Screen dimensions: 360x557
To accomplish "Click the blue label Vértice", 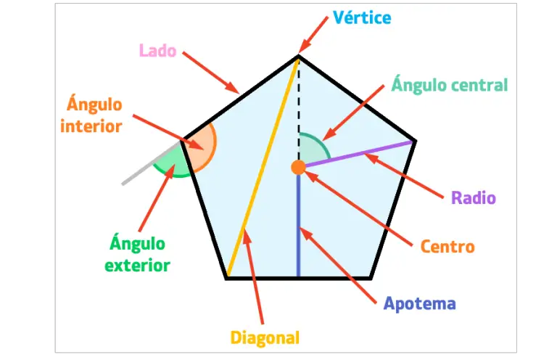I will (361, 17).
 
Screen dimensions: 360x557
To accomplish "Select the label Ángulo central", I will (449, 85).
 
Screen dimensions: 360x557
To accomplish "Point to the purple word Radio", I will (473, 197).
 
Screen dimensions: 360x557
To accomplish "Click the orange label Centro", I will (447, 246).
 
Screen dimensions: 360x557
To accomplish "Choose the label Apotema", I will (419, 303).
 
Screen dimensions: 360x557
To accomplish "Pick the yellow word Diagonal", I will (265, 337).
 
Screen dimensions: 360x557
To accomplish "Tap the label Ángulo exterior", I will (137, 254).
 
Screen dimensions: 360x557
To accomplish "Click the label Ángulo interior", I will (91, 115).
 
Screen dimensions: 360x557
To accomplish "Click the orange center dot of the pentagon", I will (298, 168).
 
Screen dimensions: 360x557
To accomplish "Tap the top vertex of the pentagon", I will (298, 55).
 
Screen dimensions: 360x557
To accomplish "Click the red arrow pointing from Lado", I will (210, 72).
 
